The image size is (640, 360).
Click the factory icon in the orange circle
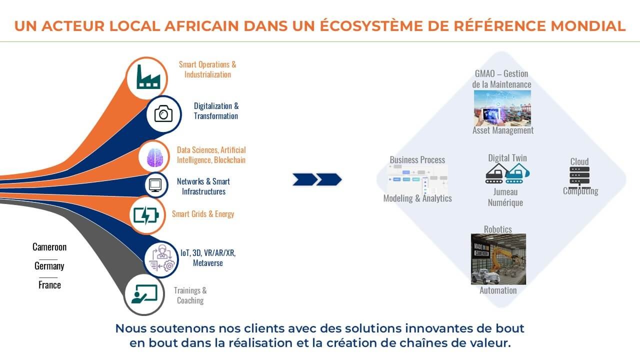coord(148,78)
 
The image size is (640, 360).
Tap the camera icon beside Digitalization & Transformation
coord(163,114)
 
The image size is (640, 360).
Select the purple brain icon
coord(155,157)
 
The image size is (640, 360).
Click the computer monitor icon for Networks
coord(155,185)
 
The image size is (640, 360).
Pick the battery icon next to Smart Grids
coord(146,215)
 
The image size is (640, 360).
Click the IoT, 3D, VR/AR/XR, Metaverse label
coord(207,257)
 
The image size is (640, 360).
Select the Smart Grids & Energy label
coord(203,214)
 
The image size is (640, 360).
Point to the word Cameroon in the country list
coord(49,247)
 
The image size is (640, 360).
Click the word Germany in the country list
coord(49,266)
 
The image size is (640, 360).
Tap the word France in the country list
coord(49,285)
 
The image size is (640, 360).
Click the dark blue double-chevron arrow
coord(317,179)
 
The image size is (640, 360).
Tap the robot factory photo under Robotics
coord(498,259)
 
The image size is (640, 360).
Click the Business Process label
coord(417,160)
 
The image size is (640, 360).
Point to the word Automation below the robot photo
coord(498,290)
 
